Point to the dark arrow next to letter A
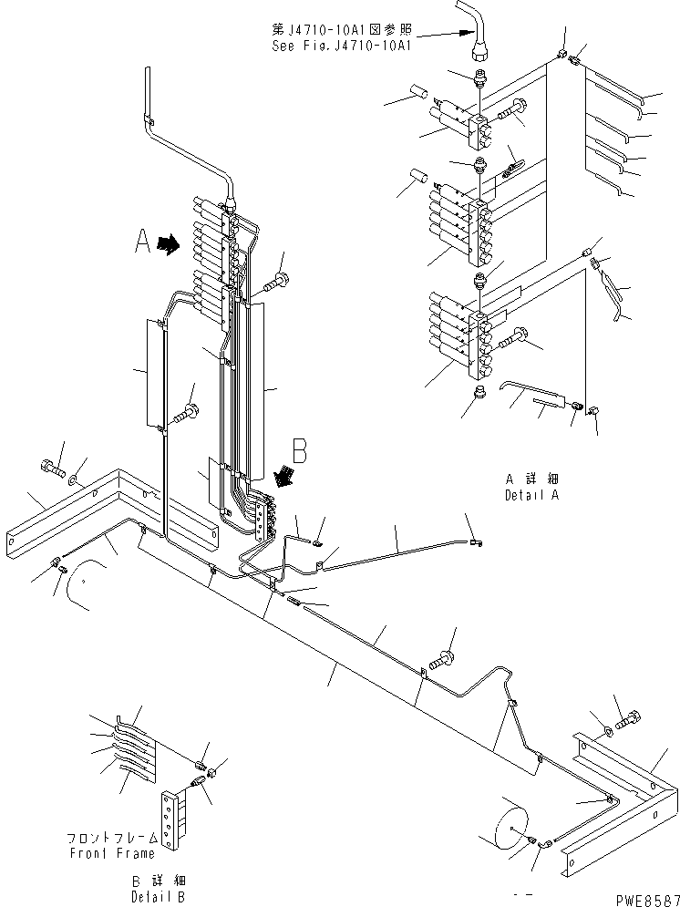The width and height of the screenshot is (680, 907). [169, 244]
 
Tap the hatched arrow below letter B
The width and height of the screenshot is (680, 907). [284, 475]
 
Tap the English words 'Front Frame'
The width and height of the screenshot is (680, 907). [111, 853]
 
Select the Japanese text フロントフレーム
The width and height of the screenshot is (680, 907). [111, 838]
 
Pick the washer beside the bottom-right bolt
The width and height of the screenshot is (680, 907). [609, 729]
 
